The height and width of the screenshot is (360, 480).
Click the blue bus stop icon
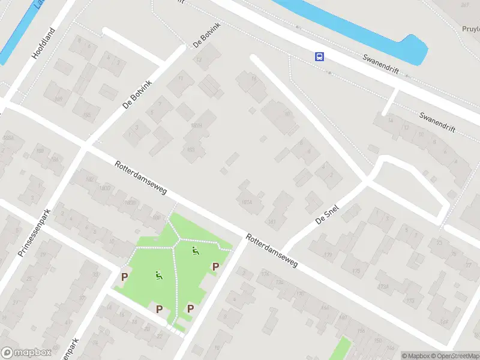[x=320, y=56]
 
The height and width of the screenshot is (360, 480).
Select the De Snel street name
[x=327, y=215]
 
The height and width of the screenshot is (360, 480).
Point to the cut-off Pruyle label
[x=471, y=28]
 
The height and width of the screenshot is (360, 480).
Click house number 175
[x=356, y=272]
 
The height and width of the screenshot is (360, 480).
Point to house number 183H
[x=196, y=126]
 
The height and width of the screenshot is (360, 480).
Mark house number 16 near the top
[x=253, y=78]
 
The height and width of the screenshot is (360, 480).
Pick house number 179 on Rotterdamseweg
[x=328, y=256]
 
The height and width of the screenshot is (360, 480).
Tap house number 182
[x=91, y=179]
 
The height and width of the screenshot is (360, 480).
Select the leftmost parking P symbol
[x=125, y=277]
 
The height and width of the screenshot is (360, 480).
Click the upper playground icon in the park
[x=194, y=251]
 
